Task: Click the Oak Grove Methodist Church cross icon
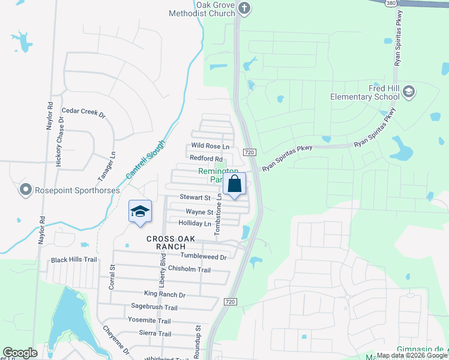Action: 244,8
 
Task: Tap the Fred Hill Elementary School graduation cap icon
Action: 409,92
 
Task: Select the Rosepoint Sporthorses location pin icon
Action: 25,190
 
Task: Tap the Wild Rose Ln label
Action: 210,146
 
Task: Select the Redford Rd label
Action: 206,158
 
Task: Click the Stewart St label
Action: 195,197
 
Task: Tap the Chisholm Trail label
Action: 189,269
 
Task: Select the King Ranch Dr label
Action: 164,295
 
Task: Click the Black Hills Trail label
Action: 74,260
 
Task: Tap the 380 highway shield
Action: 390,2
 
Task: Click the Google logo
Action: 20,353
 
